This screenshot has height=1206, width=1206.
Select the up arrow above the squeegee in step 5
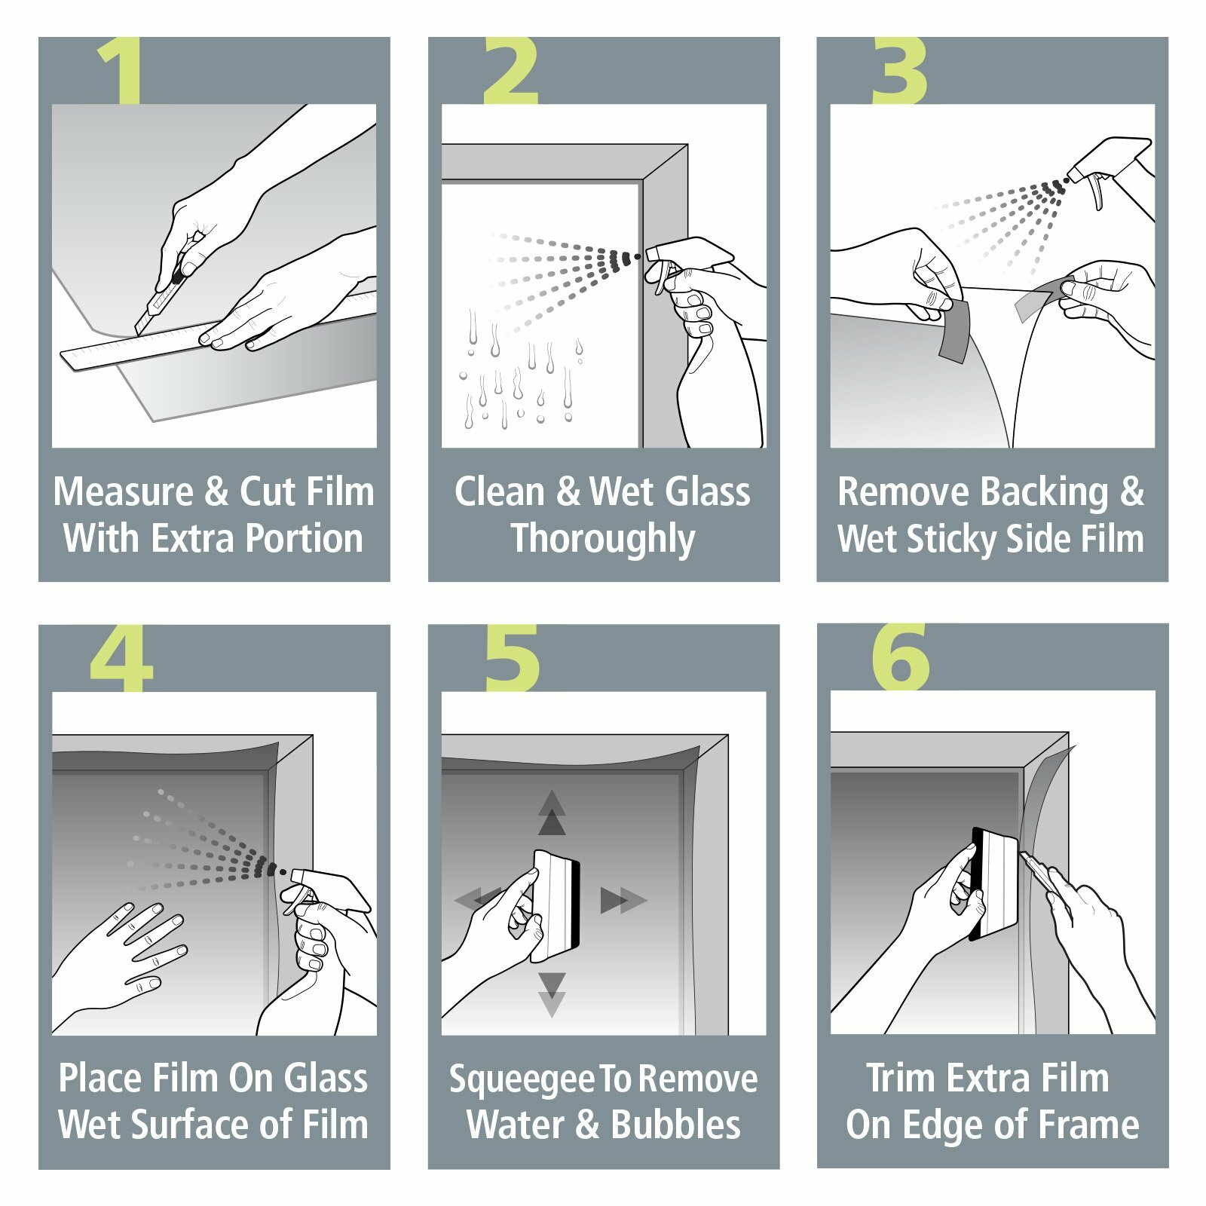(552, 814)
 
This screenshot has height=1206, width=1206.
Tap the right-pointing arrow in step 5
(623, 900)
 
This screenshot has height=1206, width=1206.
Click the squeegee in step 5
(556, 904)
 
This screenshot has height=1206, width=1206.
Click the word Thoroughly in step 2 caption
(603, 540)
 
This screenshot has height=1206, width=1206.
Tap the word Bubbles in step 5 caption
(675, 1125)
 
